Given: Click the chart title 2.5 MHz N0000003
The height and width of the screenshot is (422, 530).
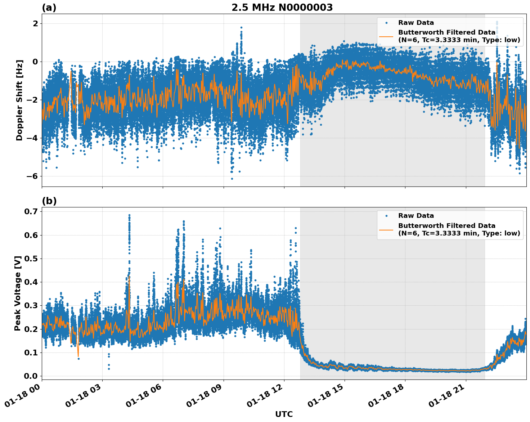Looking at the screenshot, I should pyautogui.click(x=282, y=8).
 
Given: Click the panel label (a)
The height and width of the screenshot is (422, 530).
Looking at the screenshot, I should pyautogui.click(x=49, y=8).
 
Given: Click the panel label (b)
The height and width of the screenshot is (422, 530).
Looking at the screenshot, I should pyautogui.click(x=49, y=201).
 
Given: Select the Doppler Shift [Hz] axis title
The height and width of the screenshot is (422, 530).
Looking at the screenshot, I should pyautogui.click(x=19, y=100).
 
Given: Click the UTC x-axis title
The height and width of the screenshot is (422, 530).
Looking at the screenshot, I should pyautogui.click(x=284, y=414).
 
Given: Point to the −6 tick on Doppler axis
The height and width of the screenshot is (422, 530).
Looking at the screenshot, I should pyautogui.click(x=32, y=176).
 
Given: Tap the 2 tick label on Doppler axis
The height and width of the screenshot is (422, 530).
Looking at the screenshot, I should pyautogui.click(x=35, y=23).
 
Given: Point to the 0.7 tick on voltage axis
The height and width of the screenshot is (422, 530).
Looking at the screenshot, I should pyautogui.click(x=31, y=211).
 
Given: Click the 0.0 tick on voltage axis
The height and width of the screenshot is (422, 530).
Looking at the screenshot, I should pyautogui.click(x=31, y=376).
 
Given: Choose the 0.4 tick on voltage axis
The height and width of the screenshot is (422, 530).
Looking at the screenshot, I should pyautogui.click(x=31, y=282).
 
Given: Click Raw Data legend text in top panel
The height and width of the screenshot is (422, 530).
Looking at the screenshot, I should pyautogui.click(x=416, y=23).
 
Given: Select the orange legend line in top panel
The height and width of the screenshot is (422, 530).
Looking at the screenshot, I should pyautogui.click(x=386, y=36).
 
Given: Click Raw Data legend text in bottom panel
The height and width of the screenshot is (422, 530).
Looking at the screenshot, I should pyautogui.click(x=416, y=216).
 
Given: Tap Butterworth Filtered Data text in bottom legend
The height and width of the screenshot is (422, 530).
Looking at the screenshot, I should pyautogui.click(x=446, y=226).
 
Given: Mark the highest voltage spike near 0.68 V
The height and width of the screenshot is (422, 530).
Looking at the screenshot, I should pyautogui.click(x=129, y=215).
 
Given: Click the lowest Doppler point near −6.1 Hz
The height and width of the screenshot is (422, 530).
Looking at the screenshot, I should pyautogui.click(x=232, y=179).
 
